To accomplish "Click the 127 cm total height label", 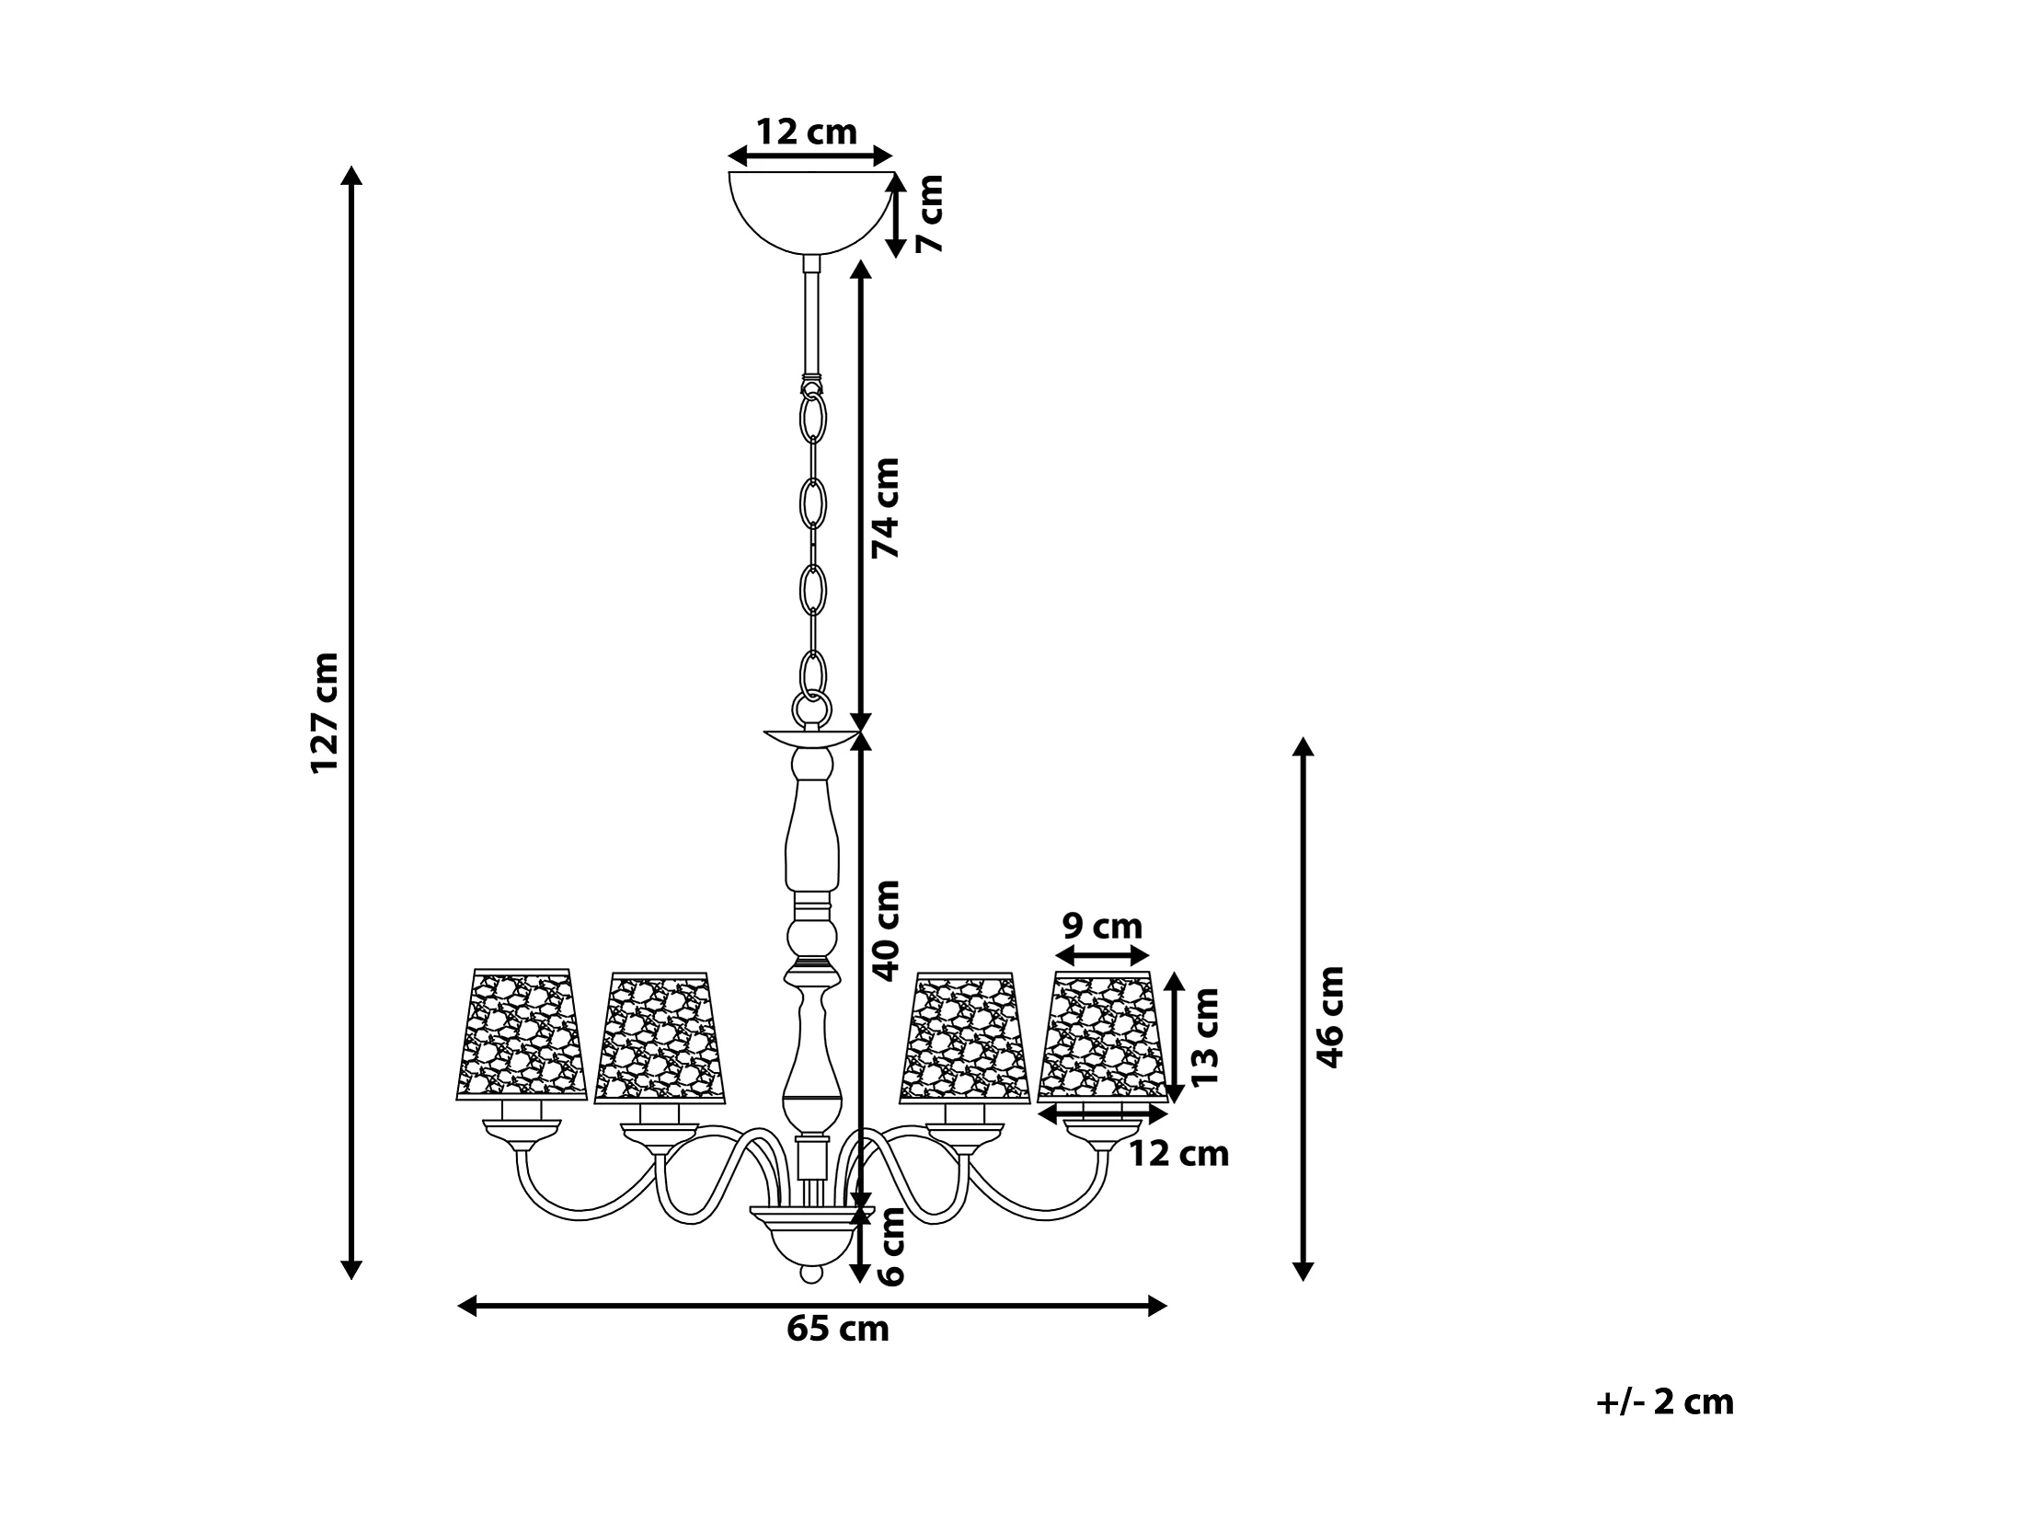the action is tap(326, 712).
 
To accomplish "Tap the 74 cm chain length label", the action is tap(886, 507).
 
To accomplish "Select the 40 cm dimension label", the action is tap(886, 929).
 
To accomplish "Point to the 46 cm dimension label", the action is tap(1329, 1018).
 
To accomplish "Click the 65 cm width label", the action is tap(838, 1329).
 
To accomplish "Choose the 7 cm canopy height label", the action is tap(931, 213).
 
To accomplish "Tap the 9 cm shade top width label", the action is tap(1102, 925).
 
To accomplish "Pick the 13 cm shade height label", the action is tap(1205, 1037).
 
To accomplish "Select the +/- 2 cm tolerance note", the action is tap(1665, 1401).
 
